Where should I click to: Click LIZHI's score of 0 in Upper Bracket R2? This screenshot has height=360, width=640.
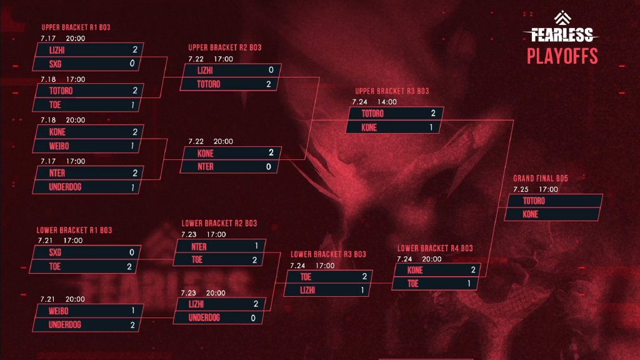click(270, 71)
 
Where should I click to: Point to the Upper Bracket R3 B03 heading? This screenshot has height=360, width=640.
click(392, 91)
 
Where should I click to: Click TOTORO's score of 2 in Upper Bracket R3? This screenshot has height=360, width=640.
click(432, 114)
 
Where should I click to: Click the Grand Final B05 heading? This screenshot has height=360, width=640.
click(540, 178)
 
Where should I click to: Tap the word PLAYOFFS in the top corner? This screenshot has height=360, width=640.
click(562, 56)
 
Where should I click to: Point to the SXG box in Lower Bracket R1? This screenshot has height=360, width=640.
click(85, 252)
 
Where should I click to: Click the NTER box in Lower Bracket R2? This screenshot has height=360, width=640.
click(220, 246)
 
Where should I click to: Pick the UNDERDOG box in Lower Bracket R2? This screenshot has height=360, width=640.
click(220, 317)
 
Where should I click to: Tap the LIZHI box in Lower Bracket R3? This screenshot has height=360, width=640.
click(328, 290)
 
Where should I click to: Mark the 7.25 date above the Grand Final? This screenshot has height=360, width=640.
click(521, 189)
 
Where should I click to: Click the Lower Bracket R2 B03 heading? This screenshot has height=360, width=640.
click(219, 223)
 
